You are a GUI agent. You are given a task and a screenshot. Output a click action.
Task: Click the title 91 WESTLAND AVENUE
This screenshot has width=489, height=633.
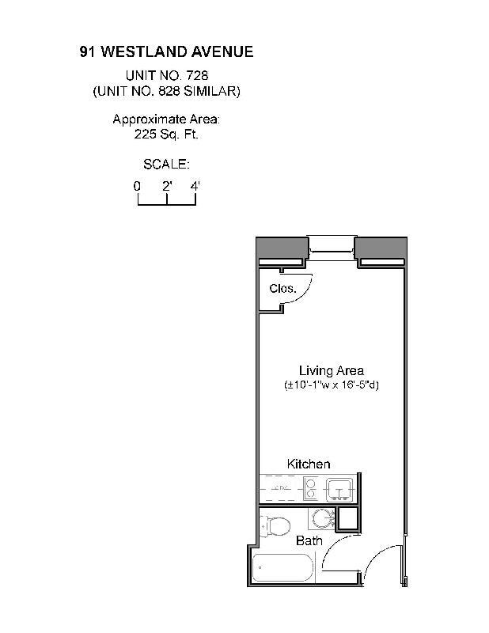pyautogui.click(x=166, y=52)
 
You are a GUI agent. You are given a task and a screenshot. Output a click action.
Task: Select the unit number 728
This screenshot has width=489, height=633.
pyautogui.click(x=197, y=75)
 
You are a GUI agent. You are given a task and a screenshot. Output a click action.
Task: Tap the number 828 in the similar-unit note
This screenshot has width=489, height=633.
pyautogui.click(x=180, y=91)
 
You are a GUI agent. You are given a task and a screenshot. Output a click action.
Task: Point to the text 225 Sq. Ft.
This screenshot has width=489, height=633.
pyautogui.click(x=166, y=135)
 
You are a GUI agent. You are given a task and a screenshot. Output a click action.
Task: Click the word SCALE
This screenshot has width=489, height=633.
pyautogui.click(x=166, y=165)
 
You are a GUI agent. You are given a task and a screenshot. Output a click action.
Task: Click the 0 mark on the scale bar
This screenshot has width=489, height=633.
pyautogui.click(x=138, y=186)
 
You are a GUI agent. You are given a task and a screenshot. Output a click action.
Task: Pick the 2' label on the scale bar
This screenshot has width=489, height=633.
pyautogui.click(x=167, y=186)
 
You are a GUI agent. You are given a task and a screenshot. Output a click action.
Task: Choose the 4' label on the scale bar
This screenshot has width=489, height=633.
pyautogui.click(x=195, y=186)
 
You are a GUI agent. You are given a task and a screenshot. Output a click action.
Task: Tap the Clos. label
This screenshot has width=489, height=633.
pyautogui.click(x=282, y=289)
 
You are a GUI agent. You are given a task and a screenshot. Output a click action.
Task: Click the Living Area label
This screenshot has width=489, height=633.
pyautogui.click(x=331, y=370)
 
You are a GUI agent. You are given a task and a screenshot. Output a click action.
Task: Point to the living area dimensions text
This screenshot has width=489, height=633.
pyautogui.click(x=331, y=385)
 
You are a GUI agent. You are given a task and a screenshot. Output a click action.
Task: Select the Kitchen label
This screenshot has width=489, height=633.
pyautogui.click(x=308, y=464)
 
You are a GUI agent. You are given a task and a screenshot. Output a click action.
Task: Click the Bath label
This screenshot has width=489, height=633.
pyautogui.click(x=309, y=541)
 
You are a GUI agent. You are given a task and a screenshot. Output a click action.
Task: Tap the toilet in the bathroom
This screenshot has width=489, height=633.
pyautogui.click(x=275, y=525)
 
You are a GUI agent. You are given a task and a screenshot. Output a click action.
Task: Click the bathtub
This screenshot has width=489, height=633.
pyautogui.click(x=282, y=568)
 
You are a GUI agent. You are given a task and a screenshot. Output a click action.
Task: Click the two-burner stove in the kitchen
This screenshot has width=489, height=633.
pyautogui.click(x=311, y=490)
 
